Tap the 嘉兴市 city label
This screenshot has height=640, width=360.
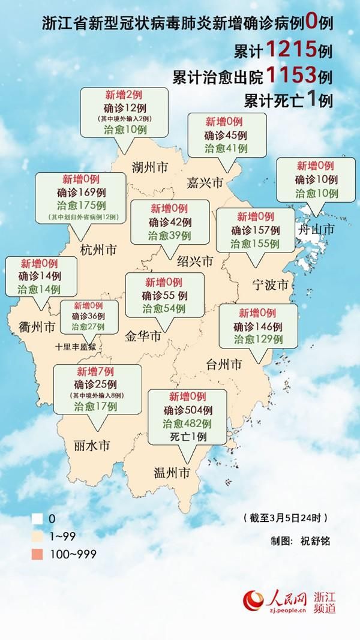205,181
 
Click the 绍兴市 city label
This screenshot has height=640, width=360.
195,262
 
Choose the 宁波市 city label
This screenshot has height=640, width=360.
271,283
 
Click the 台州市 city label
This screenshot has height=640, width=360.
224,364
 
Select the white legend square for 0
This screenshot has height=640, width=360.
37,517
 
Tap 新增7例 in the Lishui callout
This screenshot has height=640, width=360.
94,370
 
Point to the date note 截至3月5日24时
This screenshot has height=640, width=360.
286,517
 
